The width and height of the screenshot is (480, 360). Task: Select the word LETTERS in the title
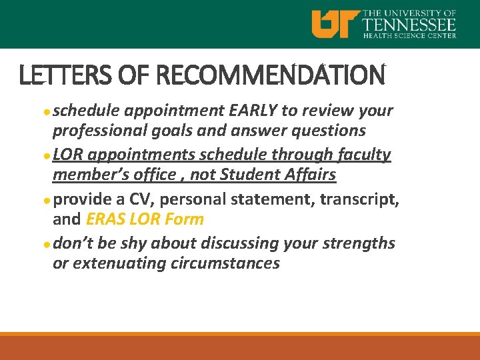(59, 75)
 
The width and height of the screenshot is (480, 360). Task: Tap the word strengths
(359, 243)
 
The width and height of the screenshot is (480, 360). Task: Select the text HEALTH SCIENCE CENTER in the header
(409, 35)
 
